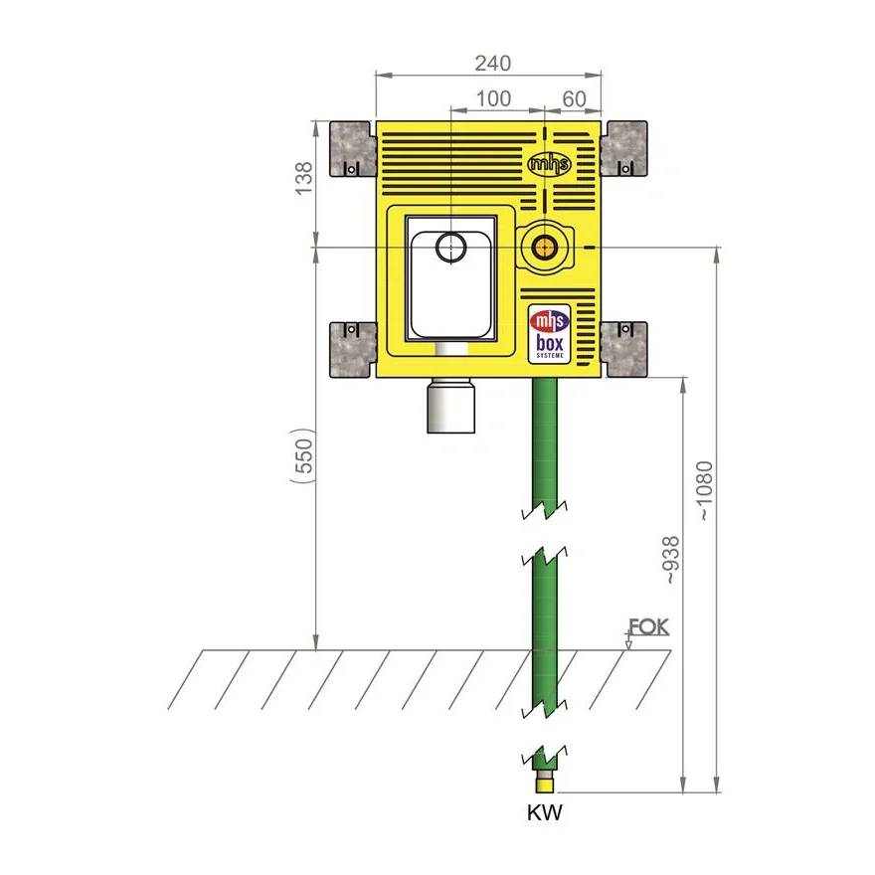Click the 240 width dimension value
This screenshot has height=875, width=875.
[x=493, y=63]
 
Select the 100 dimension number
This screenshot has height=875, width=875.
[x=493, y=98]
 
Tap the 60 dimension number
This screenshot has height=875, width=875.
[x=574, y=99]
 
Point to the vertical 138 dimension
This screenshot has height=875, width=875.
[x=303, y=178]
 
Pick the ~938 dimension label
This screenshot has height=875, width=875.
[x=671, y=560]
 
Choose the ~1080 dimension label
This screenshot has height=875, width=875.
[x=705, y=490]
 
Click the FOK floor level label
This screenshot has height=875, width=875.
[x=648, y=626]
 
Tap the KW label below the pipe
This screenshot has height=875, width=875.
[x=545, y=812]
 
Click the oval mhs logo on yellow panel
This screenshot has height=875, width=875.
[x=549, y=164]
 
